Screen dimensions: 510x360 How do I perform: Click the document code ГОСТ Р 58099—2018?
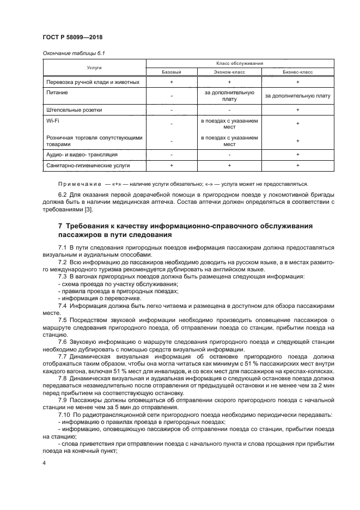72,37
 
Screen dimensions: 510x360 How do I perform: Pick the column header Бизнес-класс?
297,72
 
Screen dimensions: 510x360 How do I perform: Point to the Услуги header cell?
94,68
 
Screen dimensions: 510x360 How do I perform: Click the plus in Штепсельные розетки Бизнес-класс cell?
297,110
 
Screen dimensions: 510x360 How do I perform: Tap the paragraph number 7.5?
63,319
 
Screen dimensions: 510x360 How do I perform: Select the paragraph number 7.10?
64,415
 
